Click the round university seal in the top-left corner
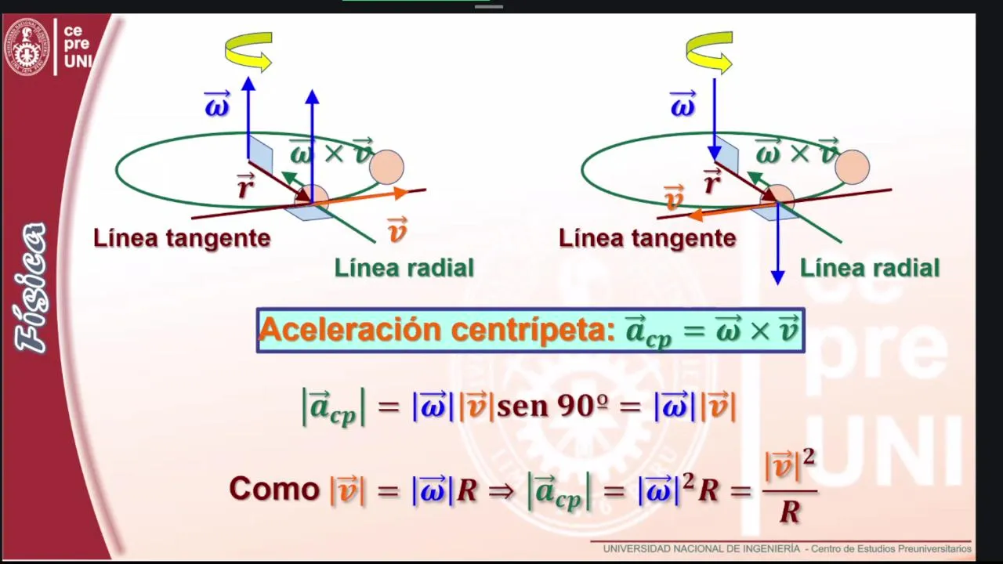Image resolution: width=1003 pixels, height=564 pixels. pos(27,47)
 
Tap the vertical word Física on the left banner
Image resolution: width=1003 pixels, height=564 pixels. pos(31,287)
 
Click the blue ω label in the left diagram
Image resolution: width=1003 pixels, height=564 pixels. pos(217,104)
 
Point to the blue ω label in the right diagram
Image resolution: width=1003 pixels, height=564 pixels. pos(683,104)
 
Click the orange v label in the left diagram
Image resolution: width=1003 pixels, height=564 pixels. pos(397,230)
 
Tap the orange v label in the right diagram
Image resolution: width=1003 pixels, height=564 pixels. pos(674,197)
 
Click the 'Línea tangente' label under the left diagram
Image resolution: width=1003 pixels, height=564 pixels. pos(182,238)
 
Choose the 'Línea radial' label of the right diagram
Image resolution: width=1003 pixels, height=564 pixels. pos(870,268)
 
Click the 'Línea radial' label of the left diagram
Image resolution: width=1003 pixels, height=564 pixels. pos(404,268)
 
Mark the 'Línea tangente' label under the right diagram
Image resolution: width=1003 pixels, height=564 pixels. pos(647,238)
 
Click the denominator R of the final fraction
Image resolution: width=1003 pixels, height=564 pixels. pos(789,512)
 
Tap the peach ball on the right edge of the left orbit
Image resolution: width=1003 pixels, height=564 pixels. pos(387,167)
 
